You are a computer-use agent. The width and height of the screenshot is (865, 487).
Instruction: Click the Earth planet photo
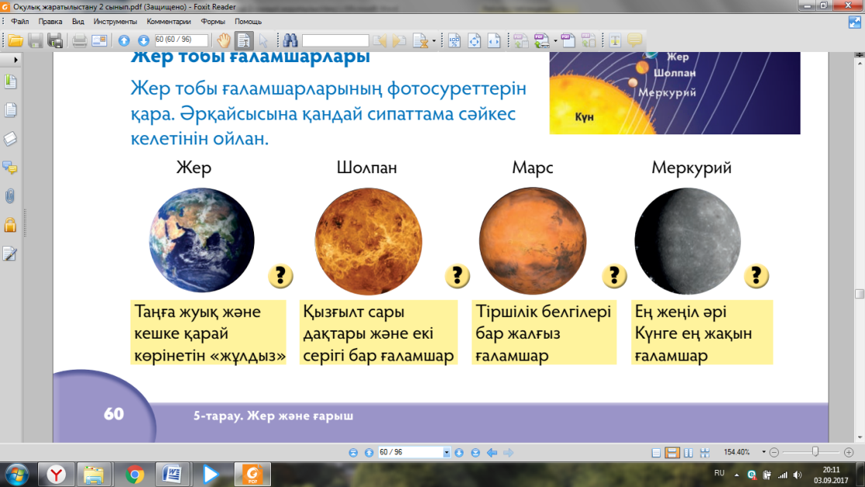202,241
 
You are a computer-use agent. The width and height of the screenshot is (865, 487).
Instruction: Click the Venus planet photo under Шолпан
368,241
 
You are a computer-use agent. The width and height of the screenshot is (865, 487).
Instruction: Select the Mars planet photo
533,241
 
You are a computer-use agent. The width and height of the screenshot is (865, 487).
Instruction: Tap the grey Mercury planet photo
687,241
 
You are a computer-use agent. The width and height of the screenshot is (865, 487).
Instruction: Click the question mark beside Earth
280,276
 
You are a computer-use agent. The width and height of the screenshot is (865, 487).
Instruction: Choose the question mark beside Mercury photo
756,276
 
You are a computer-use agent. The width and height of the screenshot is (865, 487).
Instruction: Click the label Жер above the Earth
193,167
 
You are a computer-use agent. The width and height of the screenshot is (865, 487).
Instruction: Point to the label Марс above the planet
533,168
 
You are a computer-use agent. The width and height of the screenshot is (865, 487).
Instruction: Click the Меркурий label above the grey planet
691,168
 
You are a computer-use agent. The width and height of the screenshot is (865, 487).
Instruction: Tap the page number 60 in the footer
113,414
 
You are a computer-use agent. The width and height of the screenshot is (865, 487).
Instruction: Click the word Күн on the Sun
584,117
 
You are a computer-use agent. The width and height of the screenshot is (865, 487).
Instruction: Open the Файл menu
20,22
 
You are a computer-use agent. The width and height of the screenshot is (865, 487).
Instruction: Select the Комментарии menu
168,22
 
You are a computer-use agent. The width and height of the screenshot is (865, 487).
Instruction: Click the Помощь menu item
248,22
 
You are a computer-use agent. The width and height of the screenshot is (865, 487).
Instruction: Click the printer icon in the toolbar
79,40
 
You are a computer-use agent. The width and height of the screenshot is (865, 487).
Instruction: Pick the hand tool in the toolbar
224,40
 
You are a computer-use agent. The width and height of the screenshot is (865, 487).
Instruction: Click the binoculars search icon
290,40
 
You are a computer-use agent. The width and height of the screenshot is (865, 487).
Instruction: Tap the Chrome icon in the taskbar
134,475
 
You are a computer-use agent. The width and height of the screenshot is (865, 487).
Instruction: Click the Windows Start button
16,475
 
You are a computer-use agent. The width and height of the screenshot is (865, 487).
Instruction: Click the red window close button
849,5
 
